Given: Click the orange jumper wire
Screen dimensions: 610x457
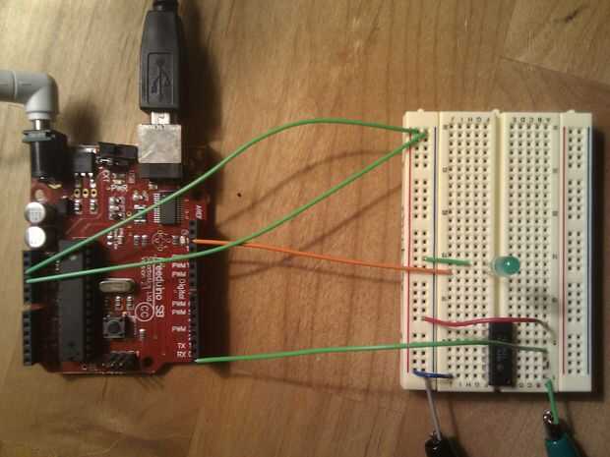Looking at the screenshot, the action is click(x=325, y=255).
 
